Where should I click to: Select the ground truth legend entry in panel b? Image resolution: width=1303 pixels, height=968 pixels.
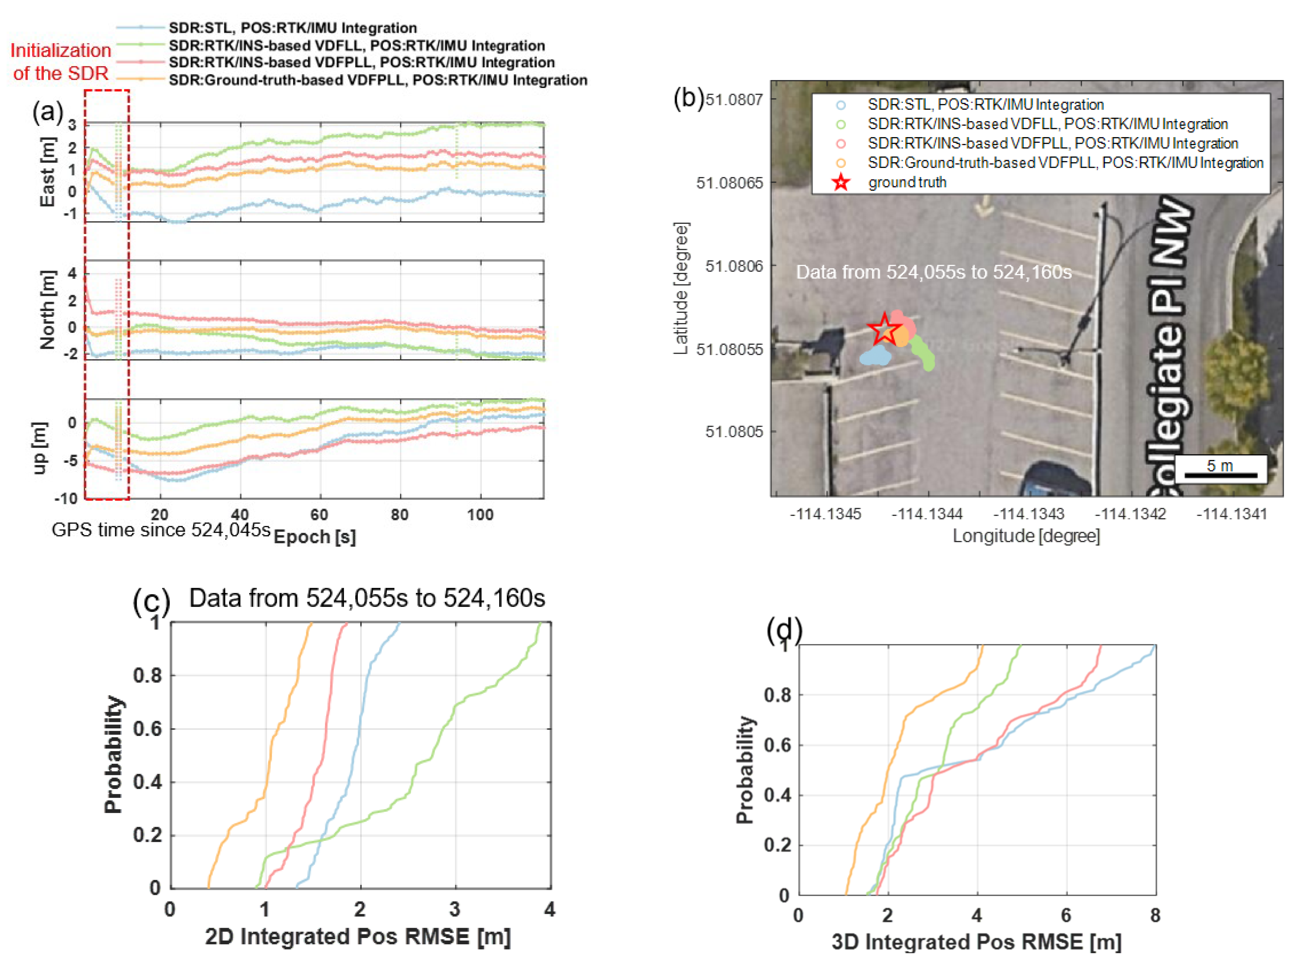[x=907, y=182]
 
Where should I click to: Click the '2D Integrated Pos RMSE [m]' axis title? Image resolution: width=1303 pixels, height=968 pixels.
[x=358, y=936]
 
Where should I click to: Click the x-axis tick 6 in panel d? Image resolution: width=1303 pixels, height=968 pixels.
[x=1066, y=915]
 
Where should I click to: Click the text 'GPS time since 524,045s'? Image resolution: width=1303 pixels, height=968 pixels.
[x=161, y=530]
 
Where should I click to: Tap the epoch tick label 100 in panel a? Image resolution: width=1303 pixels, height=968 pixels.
[x=480, y=514]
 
